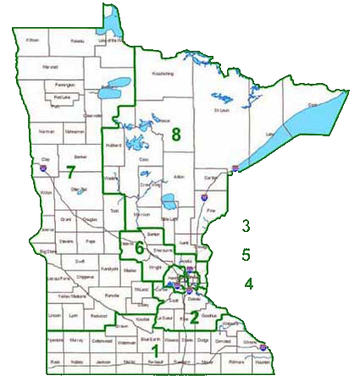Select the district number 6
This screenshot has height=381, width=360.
tap(139, 247)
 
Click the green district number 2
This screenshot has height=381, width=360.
tap(194, 317)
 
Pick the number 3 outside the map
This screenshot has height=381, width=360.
tap(246, 226)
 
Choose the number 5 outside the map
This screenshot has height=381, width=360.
tap(246, 254)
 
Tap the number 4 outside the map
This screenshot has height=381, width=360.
tap(249, 284)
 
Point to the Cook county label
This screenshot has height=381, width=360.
tap(313, 105)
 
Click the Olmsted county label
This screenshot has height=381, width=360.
tap(222, 340)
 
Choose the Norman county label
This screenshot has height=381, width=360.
tap(46, 131)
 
